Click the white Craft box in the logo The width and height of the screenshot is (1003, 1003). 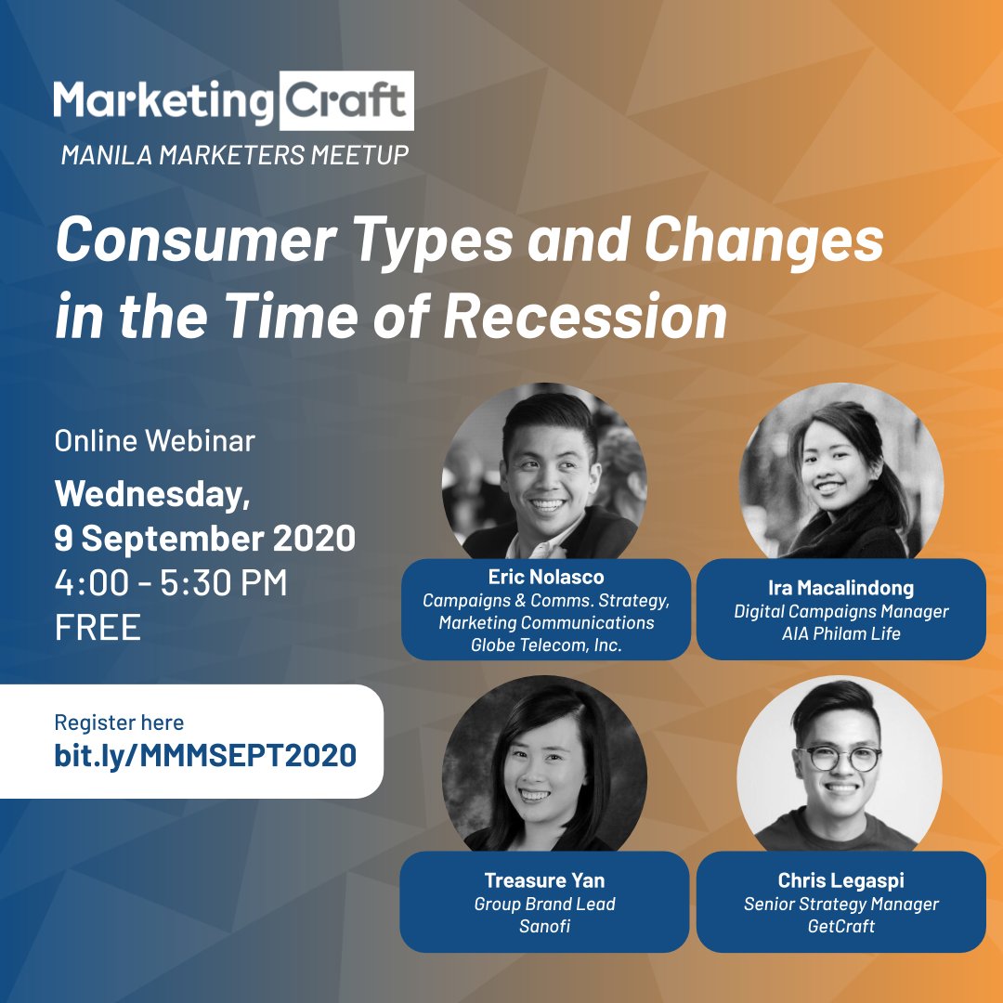(345, 100)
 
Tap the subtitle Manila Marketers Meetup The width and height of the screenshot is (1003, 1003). (235, 155)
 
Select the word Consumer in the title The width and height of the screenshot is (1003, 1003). (195, 241)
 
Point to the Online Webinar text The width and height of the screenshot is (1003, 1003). (154, 440)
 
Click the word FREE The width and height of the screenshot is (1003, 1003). (98, 628)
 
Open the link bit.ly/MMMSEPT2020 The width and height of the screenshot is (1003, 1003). (205, 755)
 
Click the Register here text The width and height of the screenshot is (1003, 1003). (119, 723)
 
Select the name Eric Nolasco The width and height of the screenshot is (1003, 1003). (545, 578)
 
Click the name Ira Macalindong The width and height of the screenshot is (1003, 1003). (841, 588)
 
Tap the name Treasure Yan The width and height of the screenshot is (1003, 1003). (544, 879)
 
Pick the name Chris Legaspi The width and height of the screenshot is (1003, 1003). (840, 879)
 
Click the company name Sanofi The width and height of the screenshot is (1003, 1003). (544, 926)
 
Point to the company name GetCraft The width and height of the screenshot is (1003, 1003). (840, 926)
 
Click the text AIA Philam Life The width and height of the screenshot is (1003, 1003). (841, 634)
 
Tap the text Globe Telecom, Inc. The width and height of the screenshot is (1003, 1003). (545, 645)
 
